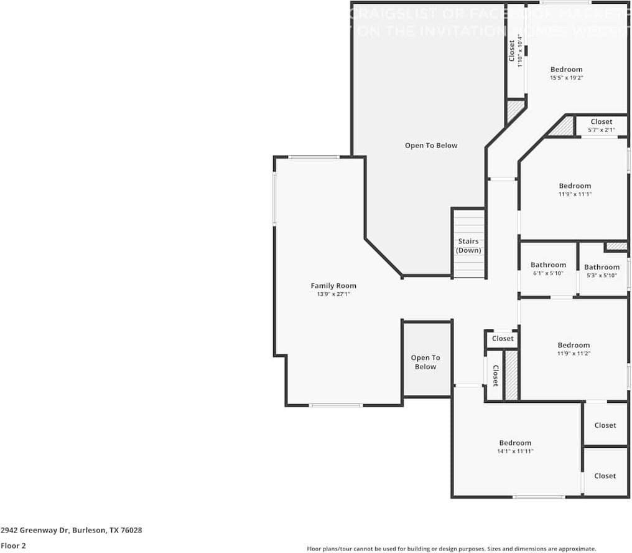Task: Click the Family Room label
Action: (333, 286)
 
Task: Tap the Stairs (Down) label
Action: (468, 245)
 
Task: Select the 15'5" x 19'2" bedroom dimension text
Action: (566, 78)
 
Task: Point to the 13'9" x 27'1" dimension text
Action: (333, 294)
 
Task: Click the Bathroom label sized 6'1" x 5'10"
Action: (548, 265)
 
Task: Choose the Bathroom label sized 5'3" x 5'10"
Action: (602, 267)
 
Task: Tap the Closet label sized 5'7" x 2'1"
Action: (602, 121)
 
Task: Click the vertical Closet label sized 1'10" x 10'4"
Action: (512, 50)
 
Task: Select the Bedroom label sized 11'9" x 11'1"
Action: (575, 186)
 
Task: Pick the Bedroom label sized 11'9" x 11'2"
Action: (574, 345)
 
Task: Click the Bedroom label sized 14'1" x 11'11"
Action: (515, 443)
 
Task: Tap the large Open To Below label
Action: (431, 145)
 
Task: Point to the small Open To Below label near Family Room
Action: (425, 362)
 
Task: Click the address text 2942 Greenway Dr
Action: (71, 531)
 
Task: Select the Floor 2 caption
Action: (13, 546)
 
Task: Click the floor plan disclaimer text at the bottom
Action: (452, 549)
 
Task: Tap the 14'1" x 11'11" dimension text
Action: (515, 451)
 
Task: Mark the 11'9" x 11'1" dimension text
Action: (575, 194)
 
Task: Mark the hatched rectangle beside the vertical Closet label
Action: (511, 375)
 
